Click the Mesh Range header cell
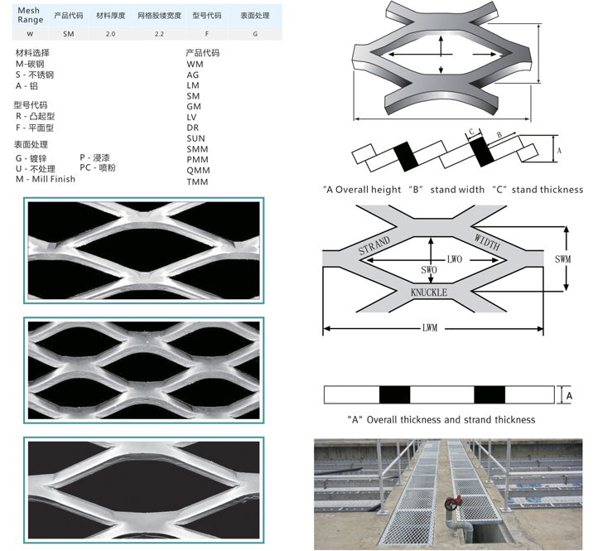pyautogui.click(x=31, y=14)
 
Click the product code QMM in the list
pyautogui.click(x=197, y=170)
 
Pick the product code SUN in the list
pyautogui.click(x=196, y=138)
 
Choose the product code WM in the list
pyautogui.click(x=195, y=64)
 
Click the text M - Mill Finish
pyautogui.click(x=45, y=179)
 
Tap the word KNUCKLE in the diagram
pyautogui.click(x=429, y=292)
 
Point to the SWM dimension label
pyautogui.click(x=562, y=259)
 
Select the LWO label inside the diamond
pyautogui.click(x=454, y=259)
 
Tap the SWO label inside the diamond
pyautogui.click(x=429, y=271)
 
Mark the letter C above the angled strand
pyautogui.click(x=470, y=132)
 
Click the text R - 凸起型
pyautogui.click(x=34, y=116)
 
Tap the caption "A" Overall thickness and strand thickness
pyautogui.click(x=441, y=419)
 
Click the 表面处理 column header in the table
pyautogui.click(x=254, y=16)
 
